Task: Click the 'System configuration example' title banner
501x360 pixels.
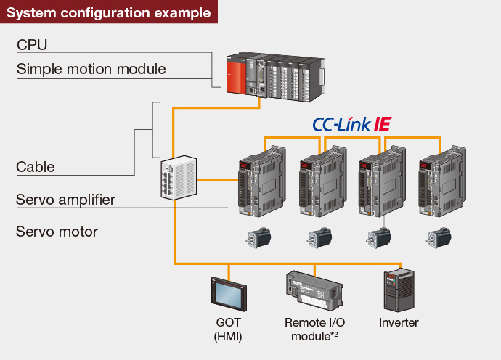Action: pos(108,12)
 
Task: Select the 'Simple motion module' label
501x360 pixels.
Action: pos(91,70)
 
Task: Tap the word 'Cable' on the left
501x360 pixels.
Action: pos(36,167)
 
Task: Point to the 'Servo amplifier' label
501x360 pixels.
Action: pos(65,199)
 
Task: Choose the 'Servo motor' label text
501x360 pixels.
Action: pos(57,232)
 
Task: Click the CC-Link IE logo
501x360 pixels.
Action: pos(352,124)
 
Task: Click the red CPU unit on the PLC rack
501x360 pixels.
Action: pos(237,73)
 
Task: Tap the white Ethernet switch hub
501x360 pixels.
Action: pos(179,177)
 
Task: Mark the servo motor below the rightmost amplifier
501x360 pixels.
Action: pos(439,237)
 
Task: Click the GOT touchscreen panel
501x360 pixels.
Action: pos(229,294)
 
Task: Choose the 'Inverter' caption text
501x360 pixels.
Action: pos(399,322)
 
